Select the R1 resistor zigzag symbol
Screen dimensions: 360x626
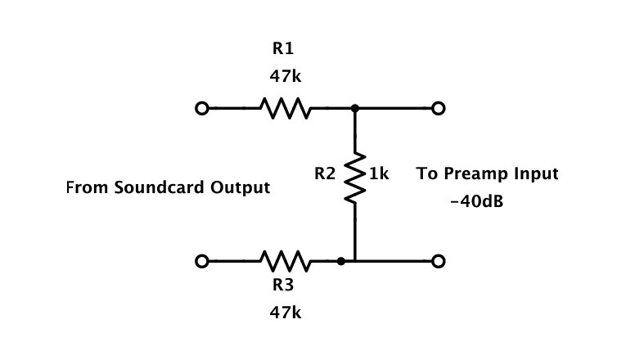283,108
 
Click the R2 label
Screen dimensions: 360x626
325,174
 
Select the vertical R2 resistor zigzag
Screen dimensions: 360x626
355,175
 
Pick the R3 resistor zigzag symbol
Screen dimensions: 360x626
283,261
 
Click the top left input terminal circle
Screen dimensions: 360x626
202,108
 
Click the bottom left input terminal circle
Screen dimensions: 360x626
202,261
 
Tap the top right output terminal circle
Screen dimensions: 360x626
439,108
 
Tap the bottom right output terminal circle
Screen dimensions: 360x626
439,261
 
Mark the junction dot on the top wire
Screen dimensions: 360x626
355,108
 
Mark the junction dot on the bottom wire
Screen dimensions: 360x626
340,261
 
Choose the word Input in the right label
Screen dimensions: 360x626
536,174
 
